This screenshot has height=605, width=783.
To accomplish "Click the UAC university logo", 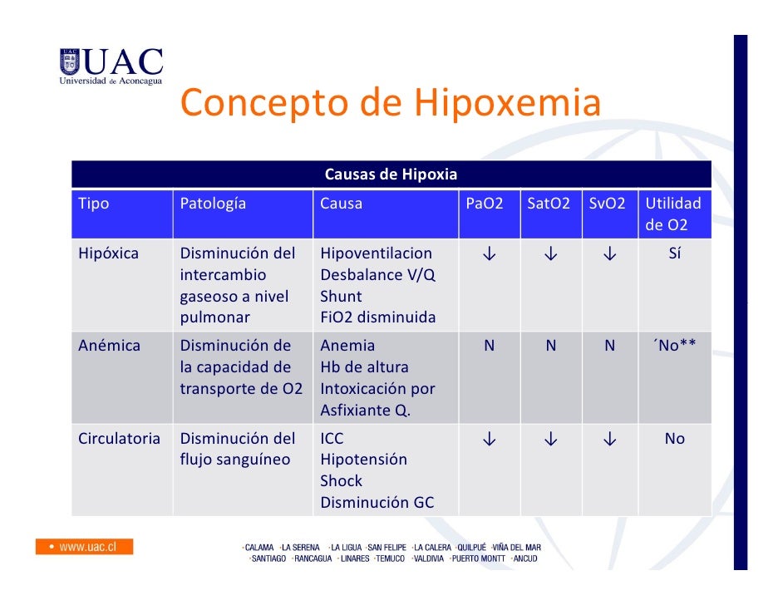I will tap(111, 66).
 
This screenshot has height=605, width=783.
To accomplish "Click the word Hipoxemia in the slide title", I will tap(507, 104).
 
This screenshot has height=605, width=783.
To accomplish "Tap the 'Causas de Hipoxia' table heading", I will tap(391, 175).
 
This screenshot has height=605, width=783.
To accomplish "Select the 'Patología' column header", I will tap(213, 204).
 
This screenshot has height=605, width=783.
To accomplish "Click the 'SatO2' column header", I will tap(549, 204).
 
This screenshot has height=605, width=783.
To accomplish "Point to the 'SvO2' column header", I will tap(607, 204).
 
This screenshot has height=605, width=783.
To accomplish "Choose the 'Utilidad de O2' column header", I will tap(673, 214).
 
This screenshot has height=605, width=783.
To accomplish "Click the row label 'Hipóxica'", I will tap(108, 253).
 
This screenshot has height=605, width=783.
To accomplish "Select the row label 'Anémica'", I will tap(109, 346).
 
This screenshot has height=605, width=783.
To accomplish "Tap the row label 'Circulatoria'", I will tap(119, 438).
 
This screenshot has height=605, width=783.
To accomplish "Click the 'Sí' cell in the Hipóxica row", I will tap(674, 253).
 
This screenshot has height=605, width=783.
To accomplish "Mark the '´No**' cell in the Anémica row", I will tap(673, 346).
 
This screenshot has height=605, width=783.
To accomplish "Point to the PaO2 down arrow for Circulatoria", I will tap(489, 439).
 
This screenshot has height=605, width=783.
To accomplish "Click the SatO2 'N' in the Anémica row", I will tap(550, 346).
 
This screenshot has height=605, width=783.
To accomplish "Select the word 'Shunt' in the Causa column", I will tap(341, 297).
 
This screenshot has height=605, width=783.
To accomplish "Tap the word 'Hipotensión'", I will tap(363, 460).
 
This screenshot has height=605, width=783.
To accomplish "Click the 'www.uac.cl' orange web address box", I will tap(84, 547).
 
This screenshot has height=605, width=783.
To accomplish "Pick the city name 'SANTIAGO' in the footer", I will tap(267, 558).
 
